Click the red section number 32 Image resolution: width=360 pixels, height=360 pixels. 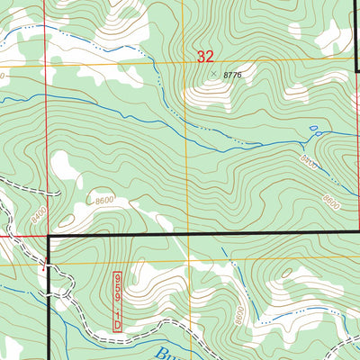tap(205, 57)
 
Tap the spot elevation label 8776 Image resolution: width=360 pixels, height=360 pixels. tap(232, 76)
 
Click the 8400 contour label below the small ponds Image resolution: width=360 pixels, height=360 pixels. tap(309, 162)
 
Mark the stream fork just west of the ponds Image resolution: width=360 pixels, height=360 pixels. tap(297, 140)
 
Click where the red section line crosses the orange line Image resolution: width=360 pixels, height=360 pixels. tap(47, 68)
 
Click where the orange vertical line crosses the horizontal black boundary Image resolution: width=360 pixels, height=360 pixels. tap(188, 233)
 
